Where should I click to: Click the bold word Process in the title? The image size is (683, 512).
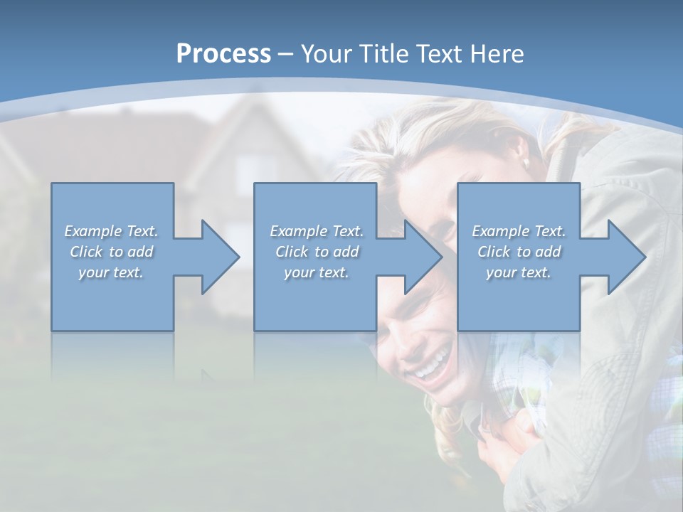223,54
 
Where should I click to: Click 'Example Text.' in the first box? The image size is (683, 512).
111,231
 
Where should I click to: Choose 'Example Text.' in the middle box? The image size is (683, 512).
317,231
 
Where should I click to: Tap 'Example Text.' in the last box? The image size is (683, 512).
519,231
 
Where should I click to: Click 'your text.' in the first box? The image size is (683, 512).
111,272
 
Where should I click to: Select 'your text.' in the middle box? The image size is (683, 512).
317,272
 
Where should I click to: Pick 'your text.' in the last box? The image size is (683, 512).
519,272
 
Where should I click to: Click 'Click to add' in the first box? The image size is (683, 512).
111,252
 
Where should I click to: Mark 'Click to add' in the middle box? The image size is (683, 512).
317,252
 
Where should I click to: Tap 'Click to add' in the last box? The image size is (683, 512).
519,252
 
